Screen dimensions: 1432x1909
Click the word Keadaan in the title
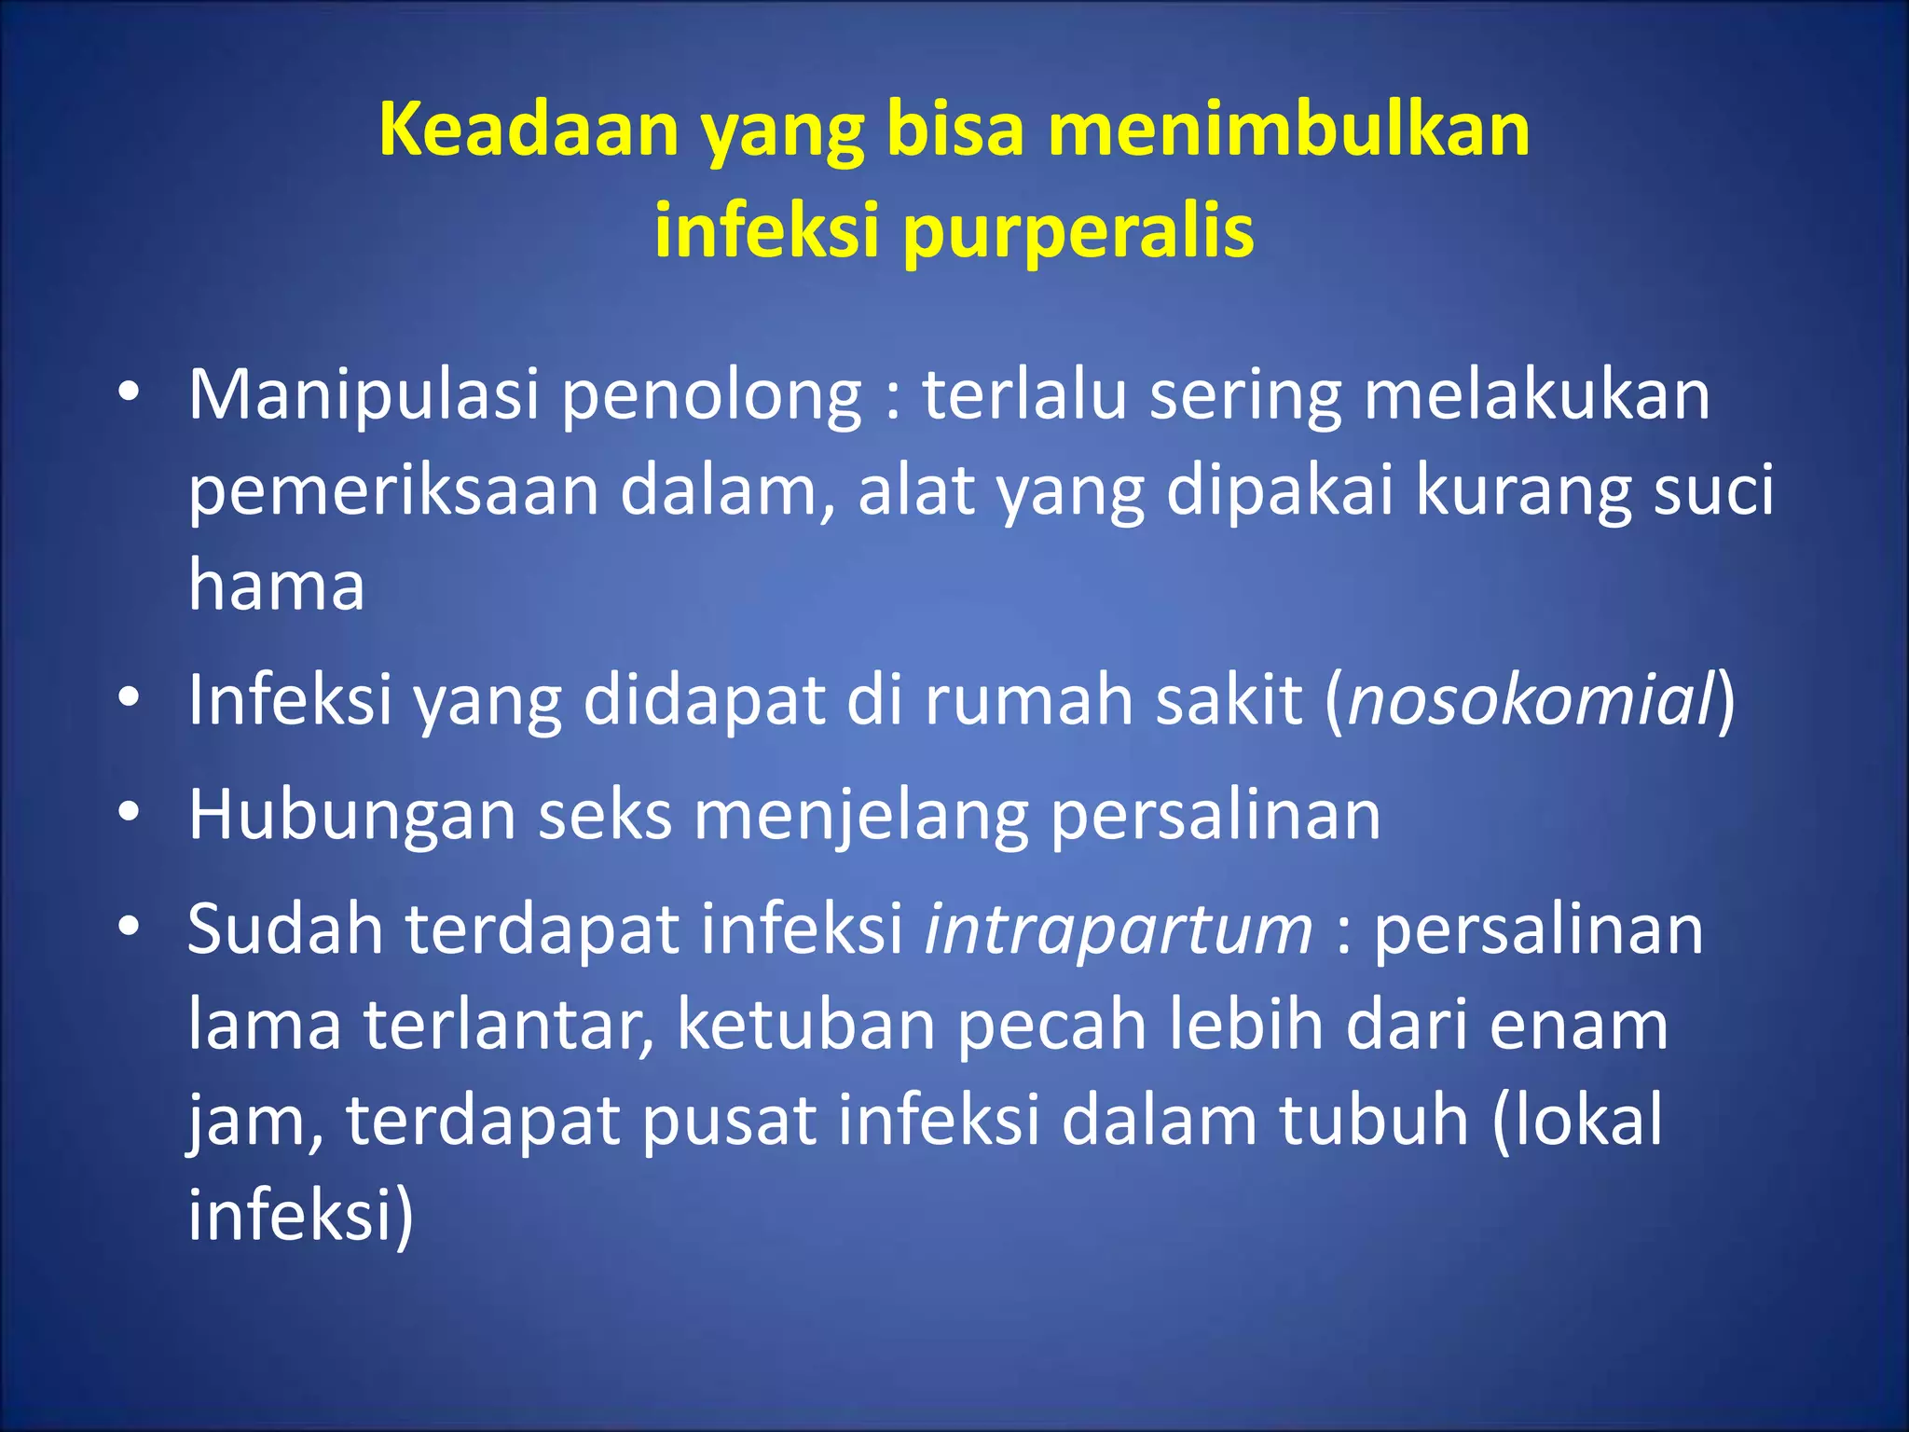coord(529,130)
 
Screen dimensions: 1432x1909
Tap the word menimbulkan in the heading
coord(1288,130)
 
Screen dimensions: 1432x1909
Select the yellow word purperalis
coord(1078,231)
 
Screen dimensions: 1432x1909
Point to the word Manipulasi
coord(364,394)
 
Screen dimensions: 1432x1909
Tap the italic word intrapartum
coord(1118,930)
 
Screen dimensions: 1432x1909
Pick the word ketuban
coord(806,1026)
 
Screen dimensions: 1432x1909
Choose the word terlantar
coord(508,1026)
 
